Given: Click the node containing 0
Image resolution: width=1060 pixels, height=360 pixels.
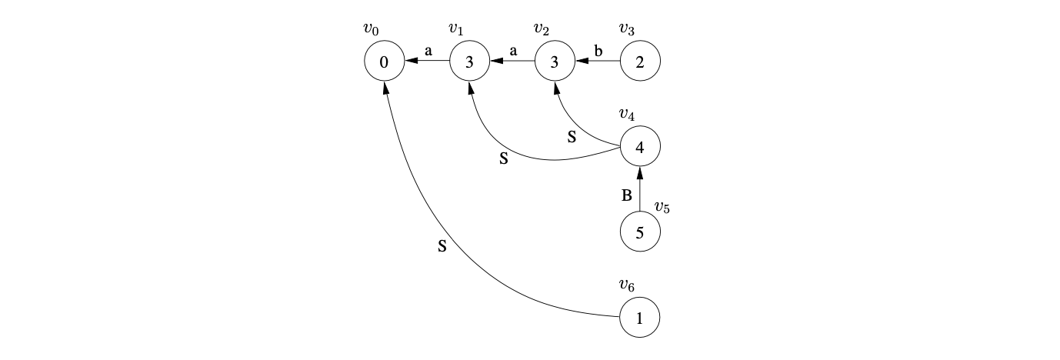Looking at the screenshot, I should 384,62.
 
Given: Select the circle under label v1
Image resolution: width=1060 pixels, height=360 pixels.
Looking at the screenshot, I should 469,62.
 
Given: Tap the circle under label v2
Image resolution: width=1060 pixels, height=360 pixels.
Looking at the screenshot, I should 555,62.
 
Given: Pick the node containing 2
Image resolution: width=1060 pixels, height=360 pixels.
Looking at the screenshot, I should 640,62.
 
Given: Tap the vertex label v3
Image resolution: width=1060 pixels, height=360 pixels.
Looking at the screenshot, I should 627,29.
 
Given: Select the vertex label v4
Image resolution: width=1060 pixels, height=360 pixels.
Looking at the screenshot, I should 627,115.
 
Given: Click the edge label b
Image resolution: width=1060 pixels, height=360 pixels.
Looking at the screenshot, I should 598,51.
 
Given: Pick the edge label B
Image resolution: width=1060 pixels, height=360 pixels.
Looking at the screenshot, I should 627,196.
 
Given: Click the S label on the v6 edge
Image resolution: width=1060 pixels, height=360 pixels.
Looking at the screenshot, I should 442,248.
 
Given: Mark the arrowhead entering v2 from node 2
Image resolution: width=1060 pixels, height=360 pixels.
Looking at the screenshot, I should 581,62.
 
